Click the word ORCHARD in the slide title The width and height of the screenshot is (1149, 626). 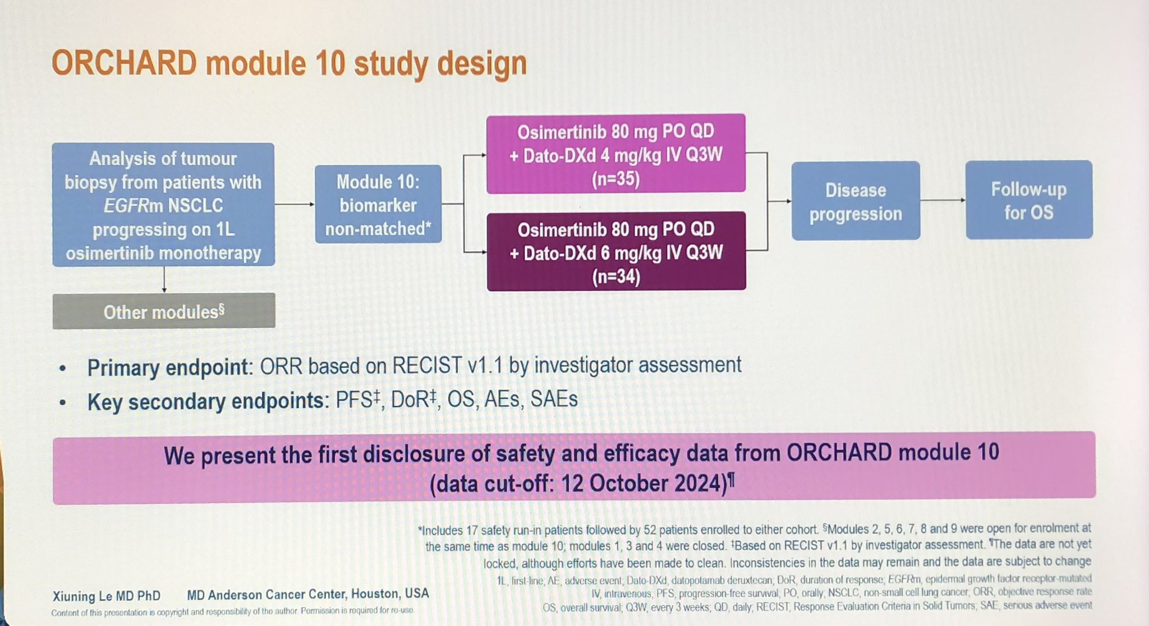[x=124, y=63]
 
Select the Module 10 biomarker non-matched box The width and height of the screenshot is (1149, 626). [x=378, y=204]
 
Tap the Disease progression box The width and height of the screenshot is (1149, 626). [x=856, y=201]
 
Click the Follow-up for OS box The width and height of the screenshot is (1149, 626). [x=1029, y=200]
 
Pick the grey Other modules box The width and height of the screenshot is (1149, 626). [x=164, y=311]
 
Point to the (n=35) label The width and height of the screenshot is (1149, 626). [x=615, y=179]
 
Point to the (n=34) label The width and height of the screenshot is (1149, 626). [x=616, y=277]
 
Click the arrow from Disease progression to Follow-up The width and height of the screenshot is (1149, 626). [x=943, y=200]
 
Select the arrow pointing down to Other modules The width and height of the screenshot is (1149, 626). [x=164, y=279]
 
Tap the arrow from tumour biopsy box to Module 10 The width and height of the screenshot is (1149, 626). [x=295, y=204]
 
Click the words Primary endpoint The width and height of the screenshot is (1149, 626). [x=168, y=368]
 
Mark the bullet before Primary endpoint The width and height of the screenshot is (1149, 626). [x=63, y=369]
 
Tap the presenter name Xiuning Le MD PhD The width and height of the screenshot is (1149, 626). [x=107, y=596]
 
